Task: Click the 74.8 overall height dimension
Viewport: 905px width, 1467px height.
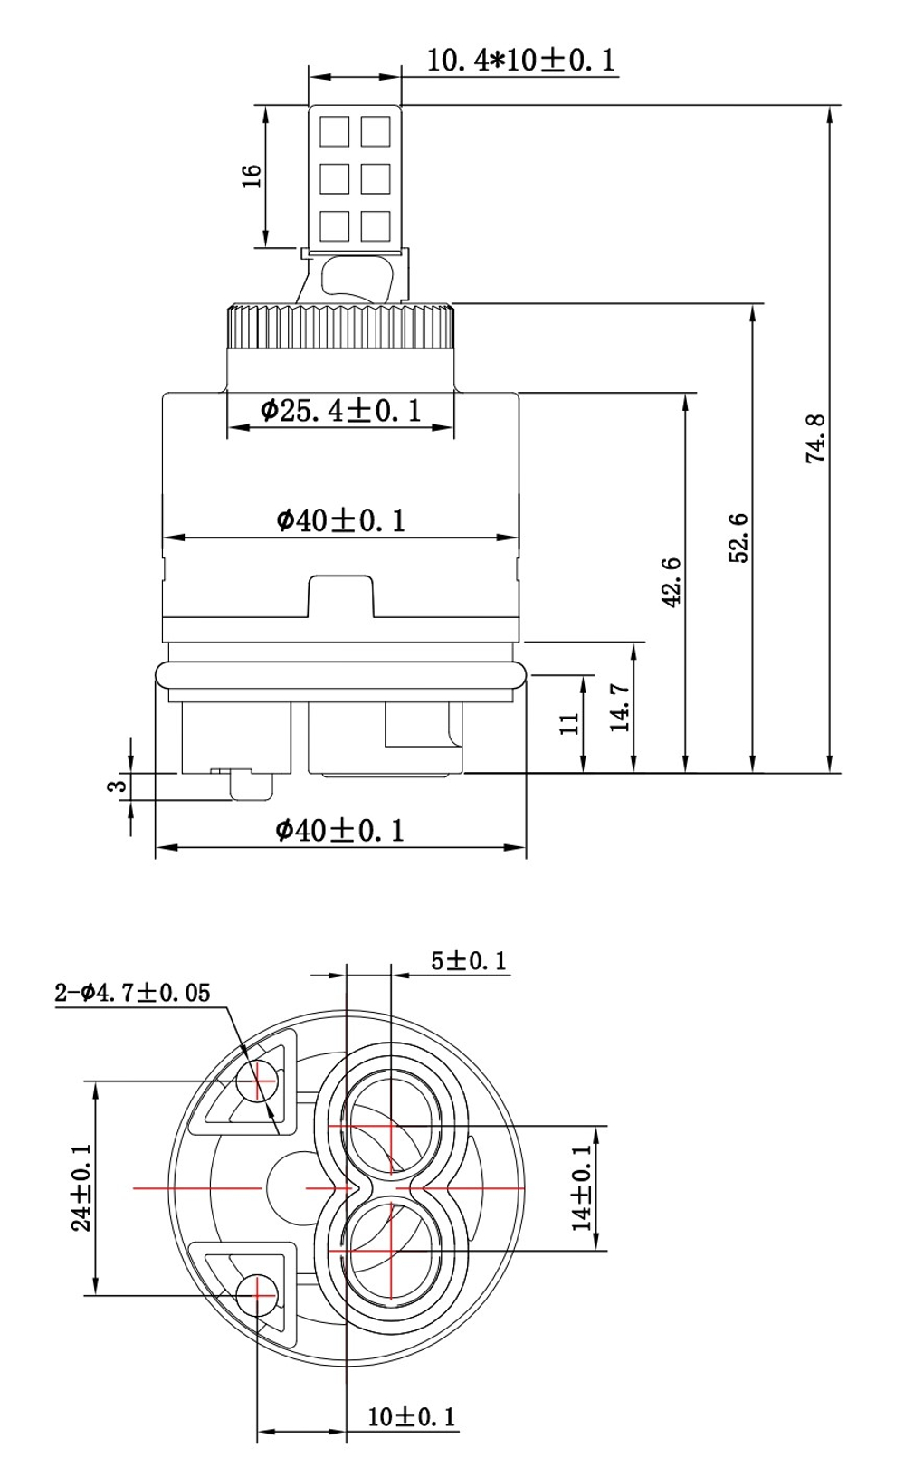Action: [816, 439]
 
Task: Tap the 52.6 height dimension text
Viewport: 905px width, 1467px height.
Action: [738, 538]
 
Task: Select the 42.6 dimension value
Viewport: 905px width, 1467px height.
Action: [672, 582]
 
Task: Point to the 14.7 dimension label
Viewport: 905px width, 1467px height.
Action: [620, 708]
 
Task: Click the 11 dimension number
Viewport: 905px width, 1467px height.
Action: [570, 723]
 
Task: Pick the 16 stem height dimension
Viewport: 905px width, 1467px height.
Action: [252, 176]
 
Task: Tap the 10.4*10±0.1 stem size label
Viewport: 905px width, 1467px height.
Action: [521, 61]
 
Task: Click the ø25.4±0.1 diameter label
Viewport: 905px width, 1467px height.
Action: [340, 410]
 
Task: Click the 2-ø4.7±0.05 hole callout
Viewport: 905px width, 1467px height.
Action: [132, 994]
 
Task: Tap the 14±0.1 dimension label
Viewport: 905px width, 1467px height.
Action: [582, 1186]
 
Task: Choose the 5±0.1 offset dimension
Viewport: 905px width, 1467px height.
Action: [469, 961]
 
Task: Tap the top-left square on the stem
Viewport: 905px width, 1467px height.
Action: [334, 131]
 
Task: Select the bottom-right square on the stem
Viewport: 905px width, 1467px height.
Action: [376, 225]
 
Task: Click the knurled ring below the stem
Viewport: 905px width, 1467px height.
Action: [340, 326]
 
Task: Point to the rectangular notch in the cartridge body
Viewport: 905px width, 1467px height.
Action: [340, 596]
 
